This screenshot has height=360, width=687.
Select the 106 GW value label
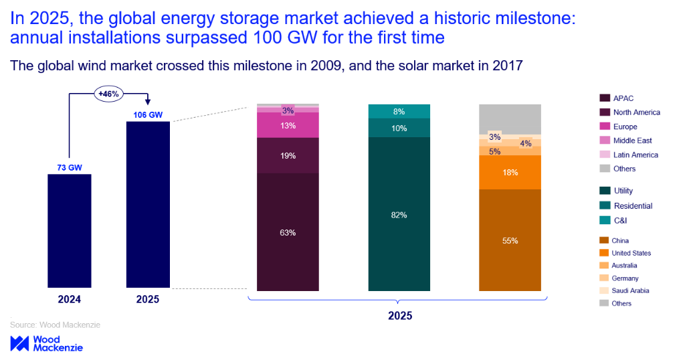click(147, 115)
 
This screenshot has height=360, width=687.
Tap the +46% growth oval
click(108, 94)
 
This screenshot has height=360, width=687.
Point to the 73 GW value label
click(69, 167)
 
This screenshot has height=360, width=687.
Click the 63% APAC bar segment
click(288, 232)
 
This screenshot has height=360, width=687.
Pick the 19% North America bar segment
click(288, 155)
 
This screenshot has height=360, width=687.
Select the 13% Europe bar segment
click(288, 125)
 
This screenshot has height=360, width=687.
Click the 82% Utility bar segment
click(399, 214)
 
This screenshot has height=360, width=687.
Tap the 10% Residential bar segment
click(399, 128)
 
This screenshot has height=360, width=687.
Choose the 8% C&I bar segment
click(399, 112)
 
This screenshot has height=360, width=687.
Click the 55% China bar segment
click(510, 240)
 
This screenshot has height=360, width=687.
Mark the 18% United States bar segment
click(510, 172)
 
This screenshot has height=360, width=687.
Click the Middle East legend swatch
click(605, 141)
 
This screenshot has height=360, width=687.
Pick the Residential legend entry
click(633, 205)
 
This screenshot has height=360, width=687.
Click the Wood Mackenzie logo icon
click(19, 343)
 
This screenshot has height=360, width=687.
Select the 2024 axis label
click(69, 299)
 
